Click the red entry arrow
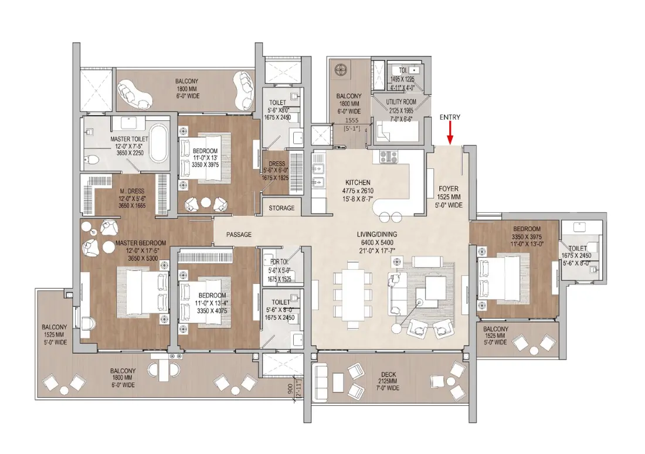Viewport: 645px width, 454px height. [450, 135]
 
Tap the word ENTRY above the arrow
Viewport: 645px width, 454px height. [450, 117]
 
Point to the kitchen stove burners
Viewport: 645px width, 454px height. [389, 157]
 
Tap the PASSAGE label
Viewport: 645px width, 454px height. [239, 235]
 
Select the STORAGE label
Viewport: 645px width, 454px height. [281, 208]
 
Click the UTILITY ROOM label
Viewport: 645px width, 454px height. [401, 102]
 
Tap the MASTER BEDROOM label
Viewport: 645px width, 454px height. [141, 243]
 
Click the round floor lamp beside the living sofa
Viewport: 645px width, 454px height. [398, 328]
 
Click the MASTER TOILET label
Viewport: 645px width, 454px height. [129, 139]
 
